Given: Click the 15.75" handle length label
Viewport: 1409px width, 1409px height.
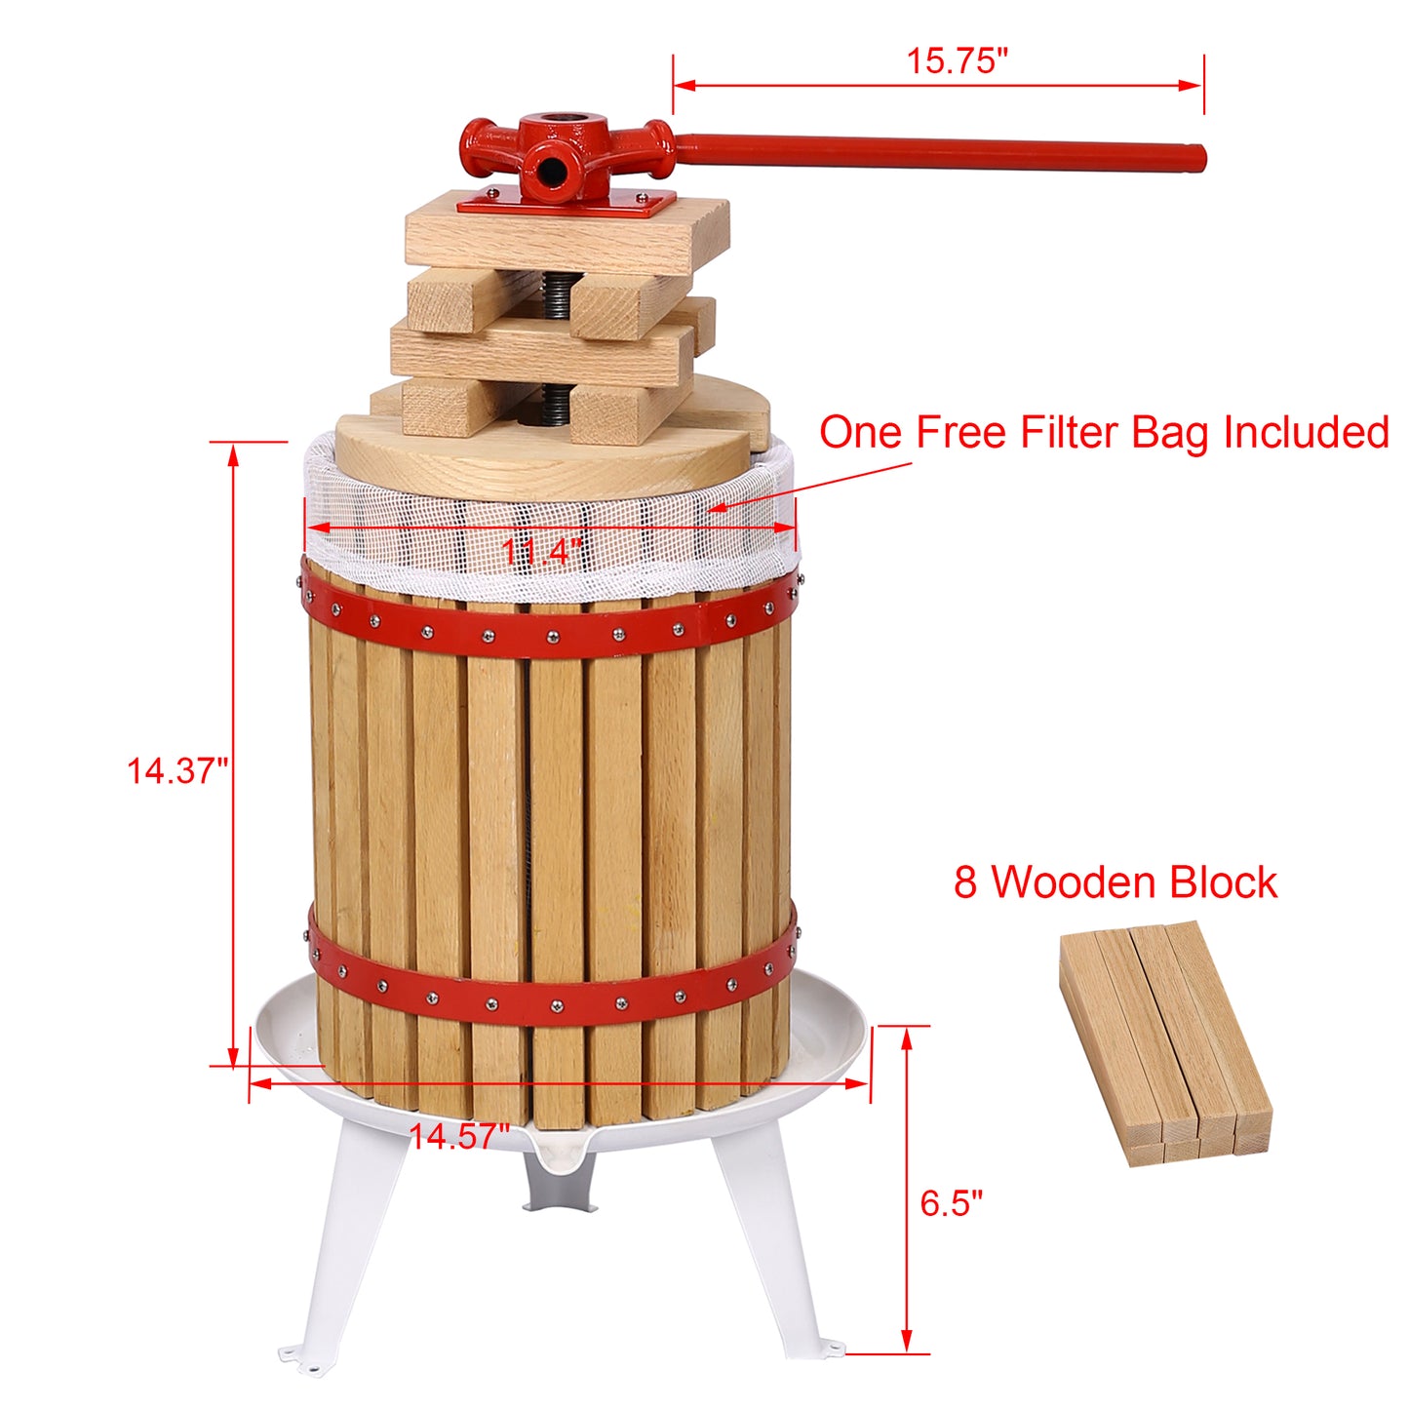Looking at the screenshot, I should pyautogui.click(x=956, y=60).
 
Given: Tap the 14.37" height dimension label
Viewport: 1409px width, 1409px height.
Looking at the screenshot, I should pyautogui.click(x=176, y=771).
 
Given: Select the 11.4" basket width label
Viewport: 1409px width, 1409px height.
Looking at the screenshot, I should pyautogui.click(x=542, y=552).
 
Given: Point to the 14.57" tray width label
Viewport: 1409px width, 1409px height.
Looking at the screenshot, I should pyautogui.click(x=458, y=1136).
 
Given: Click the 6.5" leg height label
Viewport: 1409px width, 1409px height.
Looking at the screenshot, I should pyautogui.click(x=951, y=1203).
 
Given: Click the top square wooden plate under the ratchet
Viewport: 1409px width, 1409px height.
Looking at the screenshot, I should pyautogui.click(x=566, y=234).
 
